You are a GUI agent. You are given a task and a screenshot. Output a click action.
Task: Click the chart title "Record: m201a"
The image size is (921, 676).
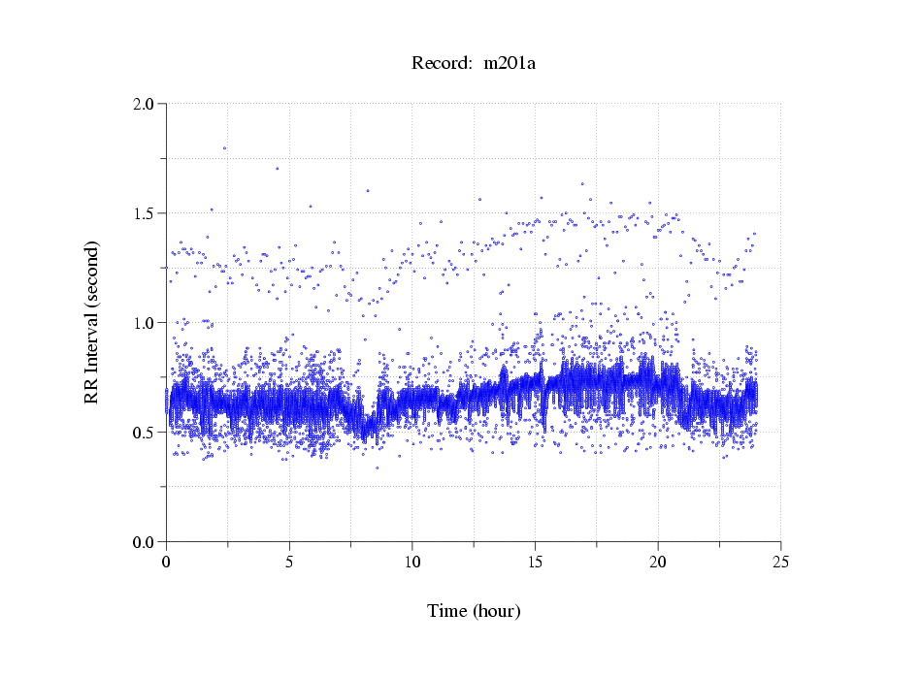click(x=474, y=64)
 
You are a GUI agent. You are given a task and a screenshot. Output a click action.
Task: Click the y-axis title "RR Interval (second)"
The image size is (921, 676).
click(x=91, y=321)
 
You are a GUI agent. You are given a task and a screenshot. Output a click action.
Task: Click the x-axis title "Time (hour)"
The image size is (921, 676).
click(x=474, y=611)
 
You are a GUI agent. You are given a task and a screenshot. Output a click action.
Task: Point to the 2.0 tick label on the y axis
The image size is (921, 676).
click(x=145, y=104)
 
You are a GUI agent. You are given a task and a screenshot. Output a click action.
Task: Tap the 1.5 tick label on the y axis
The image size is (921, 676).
click(x=145, y=213)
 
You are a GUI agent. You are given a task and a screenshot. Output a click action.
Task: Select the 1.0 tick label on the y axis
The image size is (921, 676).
click(x=145, y=323)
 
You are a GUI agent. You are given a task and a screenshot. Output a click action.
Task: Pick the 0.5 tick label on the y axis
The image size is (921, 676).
click(x=145, y=433)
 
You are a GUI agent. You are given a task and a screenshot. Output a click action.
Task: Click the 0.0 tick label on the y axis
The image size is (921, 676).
click(x=145, y=542)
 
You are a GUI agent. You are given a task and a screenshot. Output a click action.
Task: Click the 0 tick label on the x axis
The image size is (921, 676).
click(x=167, y=561)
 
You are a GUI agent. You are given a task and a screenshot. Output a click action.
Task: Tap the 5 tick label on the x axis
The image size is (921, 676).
click(x=289, y=561)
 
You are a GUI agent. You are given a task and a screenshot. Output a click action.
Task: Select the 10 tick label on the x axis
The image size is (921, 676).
click(x=412, y=561)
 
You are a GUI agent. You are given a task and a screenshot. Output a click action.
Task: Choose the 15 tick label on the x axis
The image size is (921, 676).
click(x=535, y=561)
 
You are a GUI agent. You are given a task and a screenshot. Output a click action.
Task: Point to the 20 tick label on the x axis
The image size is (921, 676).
click(x=658, y=561)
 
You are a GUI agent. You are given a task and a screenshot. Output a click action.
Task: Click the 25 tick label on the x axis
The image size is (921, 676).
click(x=780, y=561)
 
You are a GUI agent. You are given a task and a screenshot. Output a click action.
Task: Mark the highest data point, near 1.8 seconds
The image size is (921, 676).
click(x=224, y=148)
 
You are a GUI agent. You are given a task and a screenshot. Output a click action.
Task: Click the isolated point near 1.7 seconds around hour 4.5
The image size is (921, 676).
click(x=277, y=168)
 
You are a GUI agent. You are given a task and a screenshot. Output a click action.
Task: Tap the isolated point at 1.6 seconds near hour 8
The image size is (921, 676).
click(x=367, y=191)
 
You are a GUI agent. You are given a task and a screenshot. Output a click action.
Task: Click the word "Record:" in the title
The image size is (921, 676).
click(x=442, y=64)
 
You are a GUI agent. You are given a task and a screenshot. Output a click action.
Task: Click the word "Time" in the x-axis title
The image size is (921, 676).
click(x=447, y=611)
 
